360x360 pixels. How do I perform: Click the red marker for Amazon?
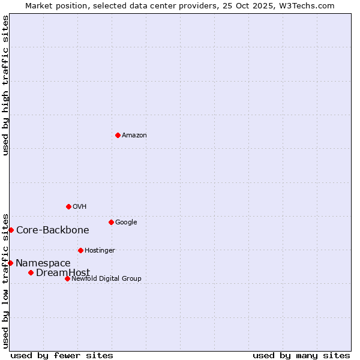(118, 135)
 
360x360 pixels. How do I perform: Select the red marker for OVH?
(68, 206)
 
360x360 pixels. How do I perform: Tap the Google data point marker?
(111, 222)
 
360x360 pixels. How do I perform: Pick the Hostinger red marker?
(80, 250)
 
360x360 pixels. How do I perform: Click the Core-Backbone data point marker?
(11, 230)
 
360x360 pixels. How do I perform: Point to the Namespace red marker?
(10, 263)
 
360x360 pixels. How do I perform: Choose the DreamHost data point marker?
(31, 272)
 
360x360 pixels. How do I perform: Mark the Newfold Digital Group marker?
(67, 278)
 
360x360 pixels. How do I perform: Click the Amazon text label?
(134, 136)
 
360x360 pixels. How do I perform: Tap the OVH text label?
(80, 207)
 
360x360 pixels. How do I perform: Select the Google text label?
(126, 223)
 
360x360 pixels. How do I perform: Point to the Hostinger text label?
(100, 251)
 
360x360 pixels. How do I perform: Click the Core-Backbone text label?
(53, 230)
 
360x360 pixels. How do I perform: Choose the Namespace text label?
(43, 263)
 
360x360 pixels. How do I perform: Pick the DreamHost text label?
(63, 273)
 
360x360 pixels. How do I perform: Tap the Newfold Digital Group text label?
(106, 279)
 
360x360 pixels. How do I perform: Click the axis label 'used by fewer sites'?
(62, 355)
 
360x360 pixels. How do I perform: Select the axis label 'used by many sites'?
(301, 355)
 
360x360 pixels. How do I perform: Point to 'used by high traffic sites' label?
(5, 85)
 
